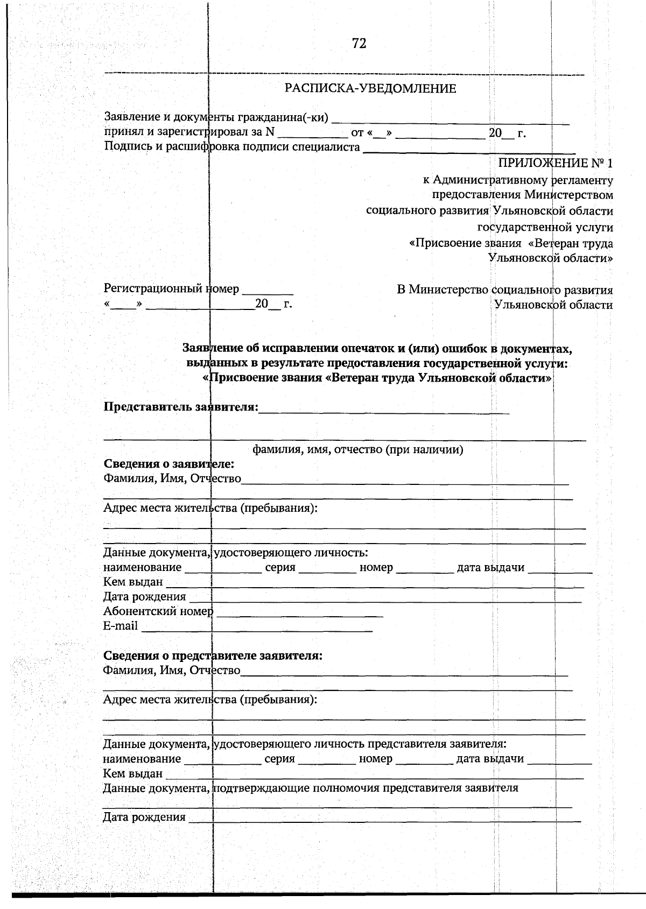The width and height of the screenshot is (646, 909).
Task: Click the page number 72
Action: click(359, 44)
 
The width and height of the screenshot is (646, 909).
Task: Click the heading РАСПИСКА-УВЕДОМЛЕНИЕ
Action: click(370, 89)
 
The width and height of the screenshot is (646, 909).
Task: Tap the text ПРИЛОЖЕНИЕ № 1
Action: click(555, 163)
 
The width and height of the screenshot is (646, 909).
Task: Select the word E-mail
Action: click(121, 626)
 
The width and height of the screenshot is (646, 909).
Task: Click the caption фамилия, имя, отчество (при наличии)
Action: click(358, 450)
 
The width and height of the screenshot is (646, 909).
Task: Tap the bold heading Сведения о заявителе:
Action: click(168, 464)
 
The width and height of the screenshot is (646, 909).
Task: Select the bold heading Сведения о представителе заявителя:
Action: click(213, 656)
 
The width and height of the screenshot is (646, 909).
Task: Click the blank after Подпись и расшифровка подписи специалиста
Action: click(469, 149)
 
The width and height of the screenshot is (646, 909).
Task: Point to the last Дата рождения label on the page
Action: click(144, 818)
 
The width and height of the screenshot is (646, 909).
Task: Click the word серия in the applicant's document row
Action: click(280, 567)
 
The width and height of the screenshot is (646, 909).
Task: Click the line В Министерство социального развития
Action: click(504, 290)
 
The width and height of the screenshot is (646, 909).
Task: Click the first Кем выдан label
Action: click(133, 582)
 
